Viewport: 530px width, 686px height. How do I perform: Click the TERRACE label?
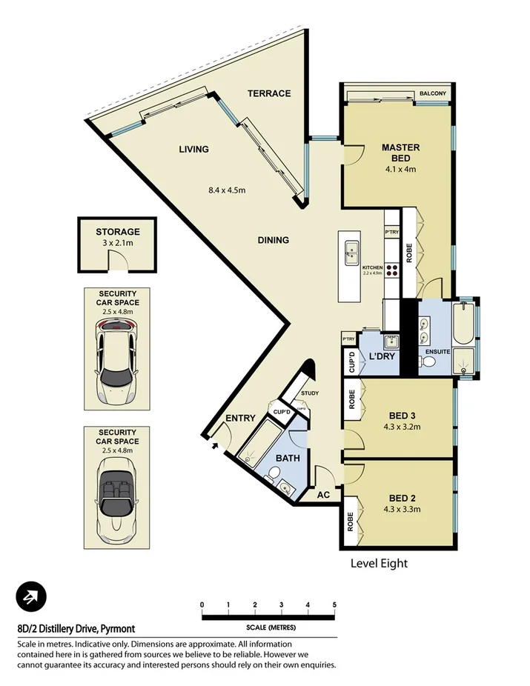tap(269, 93)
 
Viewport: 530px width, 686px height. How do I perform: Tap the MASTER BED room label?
tap(401, 153)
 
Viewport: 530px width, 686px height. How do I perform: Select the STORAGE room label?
tap(117, 232)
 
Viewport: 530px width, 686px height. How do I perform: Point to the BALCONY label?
tap(432, 93)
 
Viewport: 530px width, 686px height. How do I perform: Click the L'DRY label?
tap(380, 357)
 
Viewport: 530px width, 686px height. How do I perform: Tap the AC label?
tap(323, 494)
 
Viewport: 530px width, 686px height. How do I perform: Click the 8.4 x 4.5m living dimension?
tap(227, 190)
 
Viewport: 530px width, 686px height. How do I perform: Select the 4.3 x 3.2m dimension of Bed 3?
tap(401, 427)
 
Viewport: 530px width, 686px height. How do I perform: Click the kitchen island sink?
tap(351, 253)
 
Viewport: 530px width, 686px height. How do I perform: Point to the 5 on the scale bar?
tap(334, 605)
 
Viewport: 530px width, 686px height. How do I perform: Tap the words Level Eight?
tap(379, 563)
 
